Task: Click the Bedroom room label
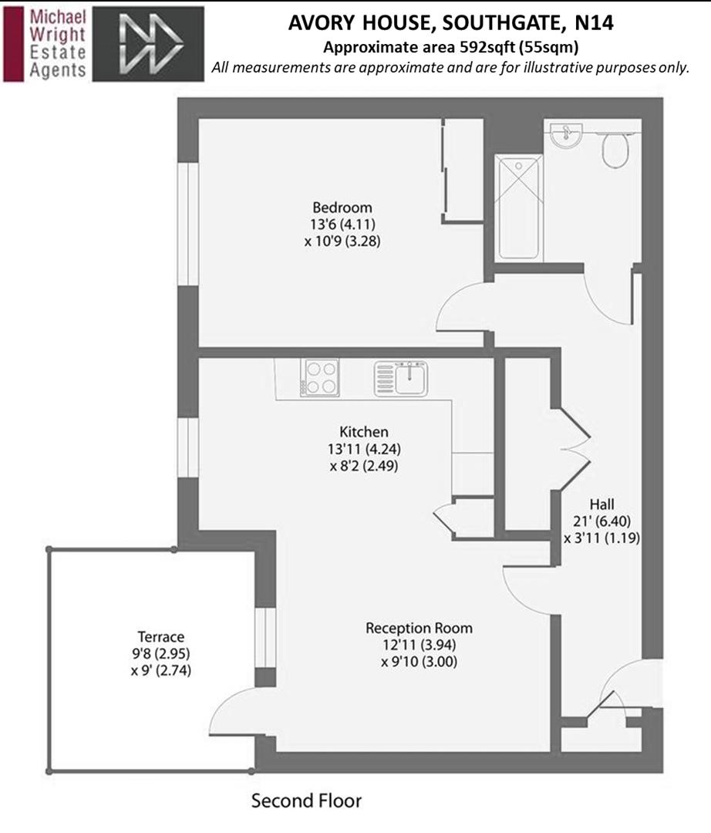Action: click(x=342, y=207)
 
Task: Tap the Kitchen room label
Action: click(x=364, y=432)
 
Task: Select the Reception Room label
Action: click(x=419, y=628)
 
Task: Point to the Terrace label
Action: click(x=161, y=637)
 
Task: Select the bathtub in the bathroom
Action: click(x=518, y=207)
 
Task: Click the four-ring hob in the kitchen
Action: click(x=322, y=378)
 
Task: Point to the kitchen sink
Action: click(x=401, y=378)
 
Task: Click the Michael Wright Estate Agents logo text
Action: click(x=55, y=44)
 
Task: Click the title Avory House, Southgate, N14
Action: click(x=450, y=23)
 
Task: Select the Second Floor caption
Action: click(x=306, y=801)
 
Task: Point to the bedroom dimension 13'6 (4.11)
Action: click(x=342, y=224)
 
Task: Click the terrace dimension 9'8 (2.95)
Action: click(x=161, y=654)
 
